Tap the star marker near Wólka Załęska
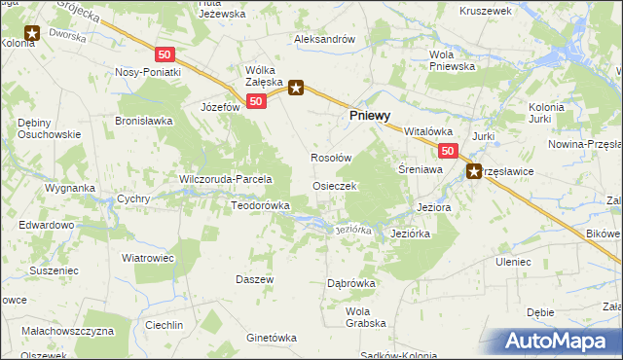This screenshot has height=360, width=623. tap(297, 88)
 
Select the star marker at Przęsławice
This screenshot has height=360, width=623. tap(475, 172)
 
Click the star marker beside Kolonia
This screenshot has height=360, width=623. tap(31, 34)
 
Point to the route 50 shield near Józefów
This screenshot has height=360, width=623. tap(256, 101)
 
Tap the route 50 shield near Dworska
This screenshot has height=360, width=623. tap(165, 55)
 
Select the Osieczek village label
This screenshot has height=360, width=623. tap(334, 185)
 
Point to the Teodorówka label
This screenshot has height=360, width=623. tap(261, 205)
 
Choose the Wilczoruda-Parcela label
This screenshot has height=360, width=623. tap(225, 179)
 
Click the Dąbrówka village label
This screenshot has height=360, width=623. tap(351, 283)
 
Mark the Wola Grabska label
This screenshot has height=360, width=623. tap(366, 316)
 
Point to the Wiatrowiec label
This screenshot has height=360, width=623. tap(147, 258)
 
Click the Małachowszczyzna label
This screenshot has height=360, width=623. tap(69, 331)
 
